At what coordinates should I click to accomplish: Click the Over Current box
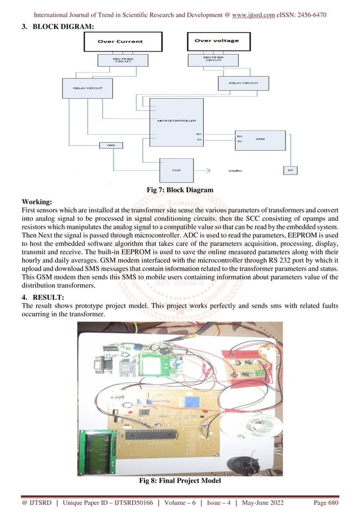tap(122, 41)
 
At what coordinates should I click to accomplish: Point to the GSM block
tap(258, 139)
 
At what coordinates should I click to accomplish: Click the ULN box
tap(176, 168)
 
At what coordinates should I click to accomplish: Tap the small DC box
tap(289, 169)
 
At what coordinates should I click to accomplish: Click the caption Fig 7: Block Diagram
tap(179, 190)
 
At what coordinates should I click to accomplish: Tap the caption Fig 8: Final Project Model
tap(179, 481)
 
